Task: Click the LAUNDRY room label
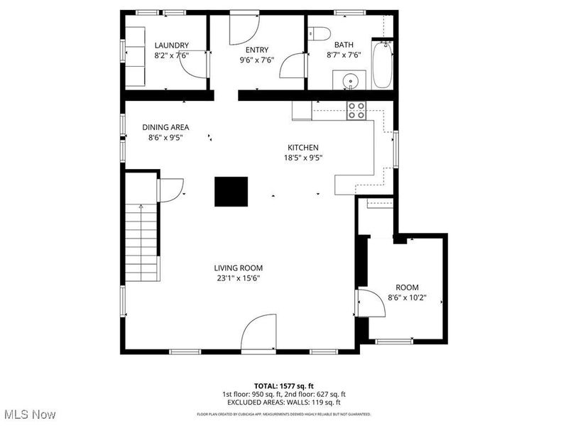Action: click(171, 45)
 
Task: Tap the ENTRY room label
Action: click(256, 50)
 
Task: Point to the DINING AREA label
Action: click(165, 128)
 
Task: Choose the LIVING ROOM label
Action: click(239, 268)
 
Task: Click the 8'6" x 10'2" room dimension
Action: click(406, 297)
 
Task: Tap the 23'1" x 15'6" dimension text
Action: click(239, 278)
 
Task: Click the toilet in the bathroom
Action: click(319, 34)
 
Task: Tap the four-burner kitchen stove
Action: click(356, 110)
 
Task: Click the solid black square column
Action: click(231, 192)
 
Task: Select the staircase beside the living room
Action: click(142, 241)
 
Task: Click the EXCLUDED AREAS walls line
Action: click(284, 402)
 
